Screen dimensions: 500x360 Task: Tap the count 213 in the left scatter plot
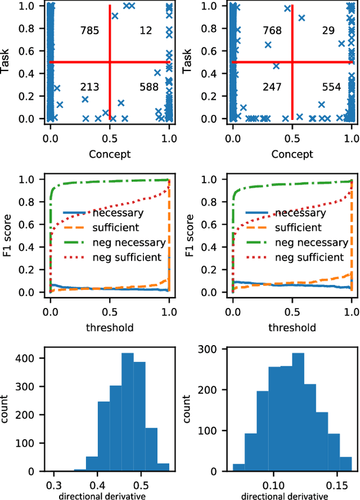point(90,87)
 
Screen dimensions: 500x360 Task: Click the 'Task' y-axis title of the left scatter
point(7,61)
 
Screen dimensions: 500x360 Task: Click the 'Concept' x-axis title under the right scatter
point(292,154)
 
